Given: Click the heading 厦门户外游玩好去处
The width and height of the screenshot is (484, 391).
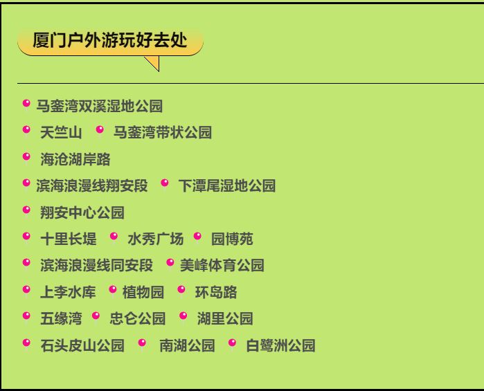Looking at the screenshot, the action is (110, 40).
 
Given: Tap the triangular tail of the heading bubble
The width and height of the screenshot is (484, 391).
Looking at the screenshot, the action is (154, 63).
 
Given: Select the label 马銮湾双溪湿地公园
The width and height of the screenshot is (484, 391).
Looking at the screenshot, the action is (100, 106).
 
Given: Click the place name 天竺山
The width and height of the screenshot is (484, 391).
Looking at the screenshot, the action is (61, 133).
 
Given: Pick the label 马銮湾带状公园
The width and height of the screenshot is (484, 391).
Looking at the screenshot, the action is (163, 133).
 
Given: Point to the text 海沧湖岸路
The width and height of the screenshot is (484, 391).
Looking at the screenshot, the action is (75, 159).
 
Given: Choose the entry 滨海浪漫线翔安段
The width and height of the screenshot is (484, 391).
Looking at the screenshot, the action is (92, 185).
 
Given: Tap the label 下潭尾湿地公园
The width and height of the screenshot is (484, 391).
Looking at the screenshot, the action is (227, 185).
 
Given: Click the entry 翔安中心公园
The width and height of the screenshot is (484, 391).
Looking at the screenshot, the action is (82, 212).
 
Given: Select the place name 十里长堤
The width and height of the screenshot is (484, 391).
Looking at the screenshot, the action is (69, 239).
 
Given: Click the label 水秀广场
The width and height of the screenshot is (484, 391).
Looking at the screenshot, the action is (156, 239).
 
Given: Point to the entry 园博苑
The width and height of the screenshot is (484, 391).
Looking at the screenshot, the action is (232, 239).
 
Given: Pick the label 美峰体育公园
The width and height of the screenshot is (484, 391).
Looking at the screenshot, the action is (222, 266).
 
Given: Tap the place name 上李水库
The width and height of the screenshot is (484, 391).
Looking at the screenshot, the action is (69, 292).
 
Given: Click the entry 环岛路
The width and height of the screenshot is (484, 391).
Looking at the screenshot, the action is (216, 292).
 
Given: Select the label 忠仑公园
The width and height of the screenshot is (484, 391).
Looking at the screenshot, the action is (138, 318).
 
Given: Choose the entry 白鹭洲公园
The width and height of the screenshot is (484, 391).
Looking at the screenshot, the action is (280, 345).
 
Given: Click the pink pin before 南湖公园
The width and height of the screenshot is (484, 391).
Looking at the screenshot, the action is (142, 344).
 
